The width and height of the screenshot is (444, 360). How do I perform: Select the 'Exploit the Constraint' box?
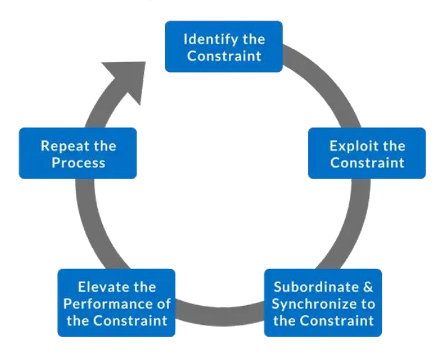point(367,153)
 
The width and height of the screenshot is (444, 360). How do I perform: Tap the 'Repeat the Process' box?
point(77,153)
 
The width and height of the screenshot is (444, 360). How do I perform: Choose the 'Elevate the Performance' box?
point(116,303)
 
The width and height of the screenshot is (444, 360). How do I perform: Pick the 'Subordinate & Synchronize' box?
point(323,303)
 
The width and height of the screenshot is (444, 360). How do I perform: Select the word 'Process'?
point(77,162)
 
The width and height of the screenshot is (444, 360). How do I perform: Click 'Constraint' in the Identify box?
point(223,55)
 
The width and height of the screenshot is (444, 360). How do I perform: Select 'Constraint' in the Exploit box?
point(367,162)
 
